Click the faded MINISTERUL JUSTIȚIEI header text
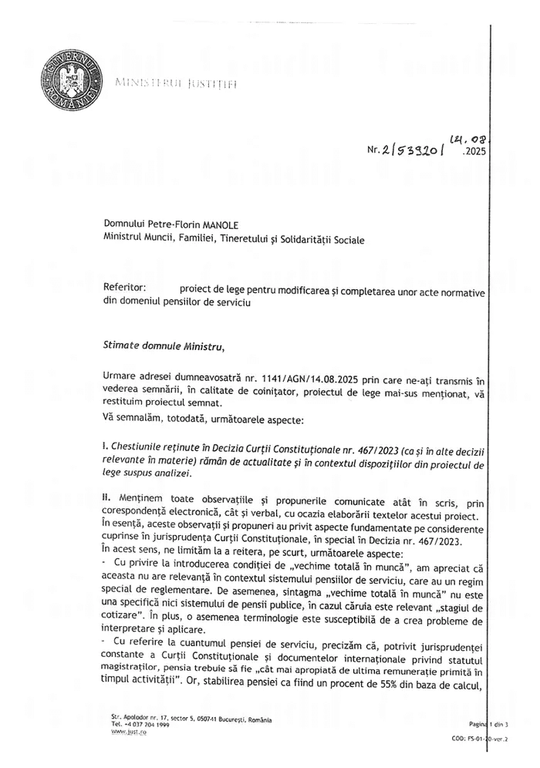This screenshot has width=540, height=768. (175, 83)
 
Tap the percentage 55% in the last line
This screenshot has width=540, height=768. (387, 682)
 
